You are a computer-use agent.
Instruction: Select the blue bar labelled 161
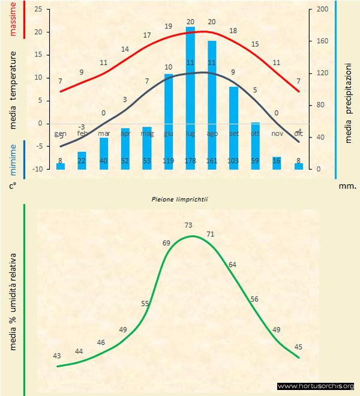212,105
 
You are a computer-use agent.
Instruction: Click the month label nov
277,133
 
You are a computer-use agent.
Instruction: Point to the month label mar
104,133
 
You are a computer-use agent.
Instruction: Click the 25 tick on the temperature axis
38,10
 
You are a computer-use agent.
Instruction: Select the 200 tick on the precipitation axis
322,10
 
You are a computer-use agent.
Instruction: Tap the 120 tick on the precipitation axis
322,73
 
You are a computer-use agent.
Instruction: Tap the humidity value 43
57,355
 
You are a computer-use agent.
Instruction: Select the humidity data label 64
232,264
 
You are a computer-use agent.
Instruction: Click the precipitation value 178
190,161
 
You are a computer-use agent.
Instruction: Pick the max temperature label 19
169,26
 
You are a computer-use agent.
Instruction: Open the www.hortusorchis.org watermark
316,386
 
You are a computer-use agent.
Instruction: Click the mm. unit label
347,186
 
